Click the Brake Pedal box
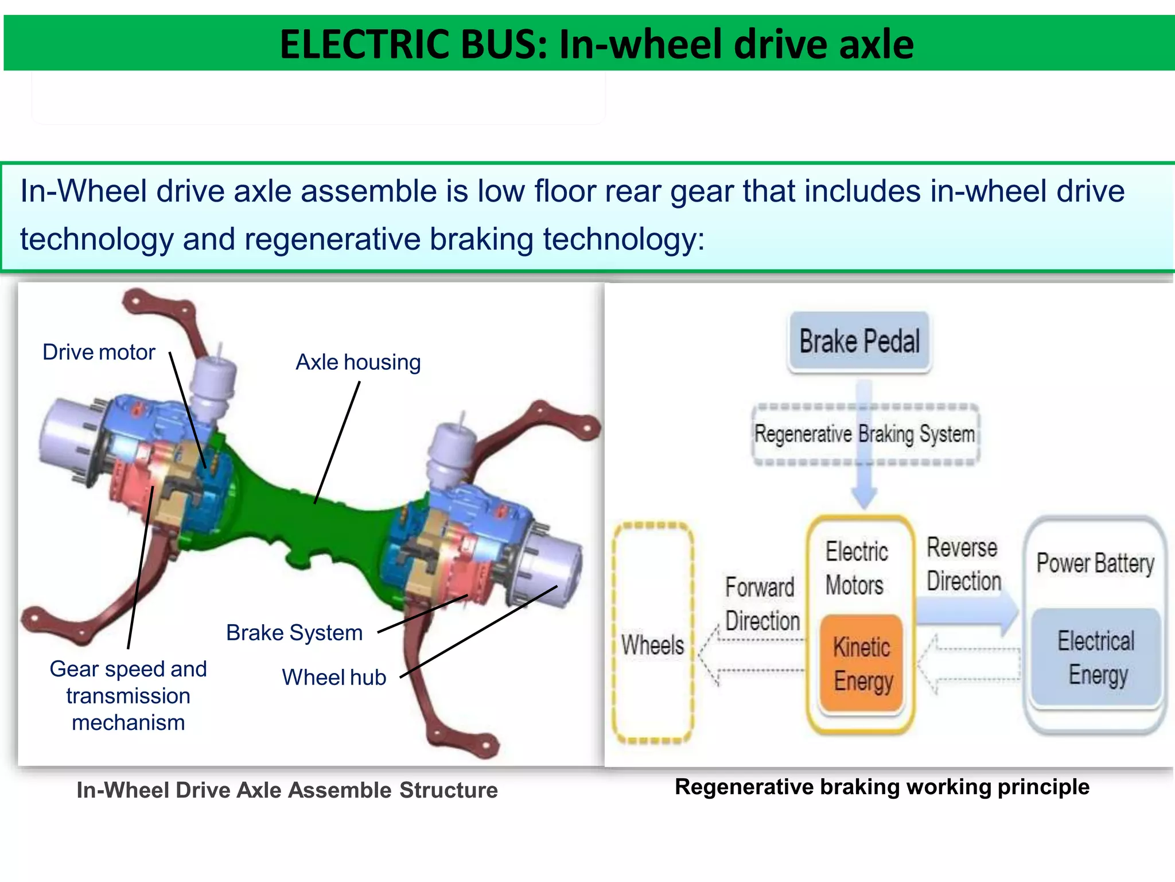(859, 341)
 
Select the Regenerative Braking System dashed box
(865, 434)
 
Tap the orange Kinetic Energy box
(862, 663)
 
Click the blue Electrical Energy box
(1096, 657)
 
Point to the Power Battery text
(1095, 563)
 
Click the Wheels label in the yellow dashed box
(652, 645)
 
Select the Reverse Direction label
(963, 564)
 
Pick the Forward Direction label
(761, 604)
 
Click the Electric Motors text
(856, 568)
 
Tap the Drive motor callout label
(99, 352)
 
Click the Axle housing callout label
(358, 362)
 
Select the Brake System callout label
(294, 633)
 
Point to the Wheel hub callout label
(334, 678)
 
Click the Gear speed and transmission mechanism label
(128, 695)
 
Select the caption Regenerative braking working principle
(881, 787)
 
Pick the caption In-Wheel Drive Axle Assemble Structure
(287, 790)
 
